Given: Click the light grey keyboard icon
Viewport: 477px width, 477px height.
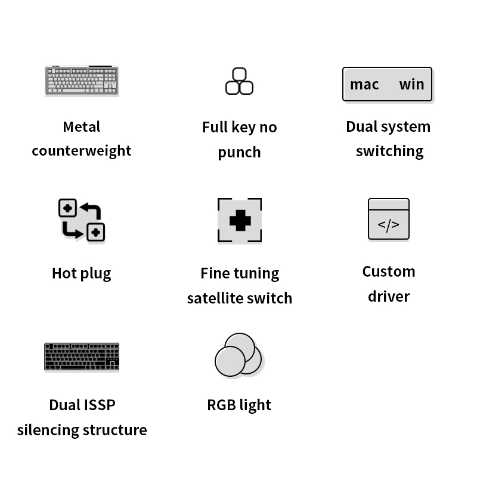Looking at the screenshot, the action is (82, 80).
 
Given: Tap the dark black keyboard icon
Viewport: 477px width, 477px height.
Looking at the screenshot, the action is (82, 357).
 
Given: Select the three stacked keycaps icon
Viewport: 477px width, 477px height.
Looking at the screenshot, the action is (239, 81).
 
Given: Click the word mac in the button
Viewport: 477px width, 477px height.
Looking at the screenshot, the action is (364, 85).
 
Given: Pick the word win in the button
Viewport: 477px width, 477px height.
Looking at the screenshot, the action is (411, 84).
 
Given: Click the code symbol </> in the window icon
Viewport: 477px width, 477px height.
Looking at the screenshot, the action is (389, 225).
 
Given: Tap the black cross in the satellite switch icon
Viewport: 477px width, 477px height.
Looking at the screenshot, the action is (240, 220).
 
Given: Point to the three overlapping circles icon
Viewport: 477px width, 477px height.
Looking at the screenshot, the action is (238, 355).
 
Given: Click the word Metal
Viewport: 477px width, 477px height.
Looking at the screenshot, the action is (82, 127).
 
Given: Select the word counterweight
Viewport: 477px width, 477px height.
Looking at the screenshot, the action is (82, 151).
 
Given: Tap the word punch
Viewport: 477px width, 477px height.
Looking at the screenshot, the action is (240, 153).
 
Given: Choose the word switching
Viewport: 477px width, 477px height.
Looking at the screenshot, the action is (390, 151).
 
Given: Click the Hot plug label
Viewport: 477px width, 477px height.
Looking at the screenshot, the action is (82, 274).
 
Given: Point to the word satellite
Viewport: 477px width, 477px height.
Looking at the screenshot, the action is (215, 298).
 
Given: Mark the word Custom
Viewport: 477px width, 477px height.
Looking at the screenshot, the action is (389, 272).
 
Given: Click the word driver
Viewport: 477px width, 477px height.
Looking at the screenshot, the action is (389, 296).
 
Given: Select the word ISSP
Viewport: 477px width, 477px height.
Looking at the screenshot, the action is (99, 405).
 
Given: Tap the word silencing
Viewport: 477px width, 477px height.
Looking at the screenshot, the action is (48, 430).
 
